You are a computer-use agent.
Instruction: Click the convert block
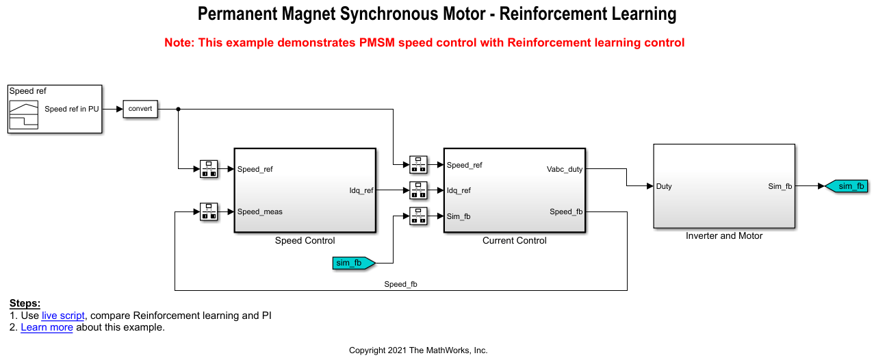(x=140, y=109)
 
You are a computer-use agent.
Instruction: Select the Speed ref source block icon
(x=23, y=114)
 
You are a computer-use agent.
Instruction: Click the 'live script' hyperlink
(x=63, y=316)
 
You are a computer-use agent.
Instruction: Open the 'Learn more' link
(x=47, y=327)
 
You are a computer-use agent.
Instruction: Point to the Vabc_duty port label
(x=564, y=169)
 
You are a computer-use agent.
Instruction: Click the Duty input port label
(x=664, y=186)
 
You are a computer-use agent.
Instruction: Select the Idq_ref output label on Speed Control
(x=361, y=190)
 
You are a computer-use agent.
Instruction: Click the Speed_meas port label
(x=260, y=211)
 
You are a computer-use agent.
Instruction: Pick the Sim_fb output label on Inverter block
(x=780, y=186)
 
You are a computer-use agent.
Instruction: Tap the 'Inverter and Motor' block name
(x=724, y=236)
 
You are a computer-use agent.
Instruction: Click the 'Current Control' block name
(x=515, y=241)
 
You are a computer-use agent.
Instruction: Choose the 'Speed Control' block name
(x=305, y=241)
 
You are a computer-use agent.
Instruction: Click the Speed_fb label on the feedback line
(x=400, y=284)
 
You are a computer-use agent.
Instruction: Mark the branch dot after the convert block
(x=178, y=109)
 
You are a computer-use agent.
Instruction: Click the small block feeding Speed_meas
(x=209, y=211)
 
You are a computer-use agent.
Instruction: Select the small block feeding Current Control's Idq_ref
(x=418, y=190)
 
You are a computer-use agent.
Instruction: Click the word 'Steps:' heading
(x=25, y=303)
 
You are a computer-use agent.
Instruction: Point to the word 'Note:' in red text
(x=179, y=42)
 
